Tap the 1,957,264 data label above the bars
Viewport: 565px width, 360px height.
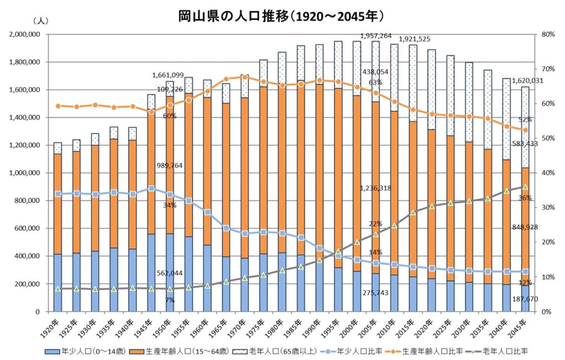tap(376, 36)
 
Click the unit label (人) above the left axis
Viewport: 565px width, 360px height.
tap(41, 21)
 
